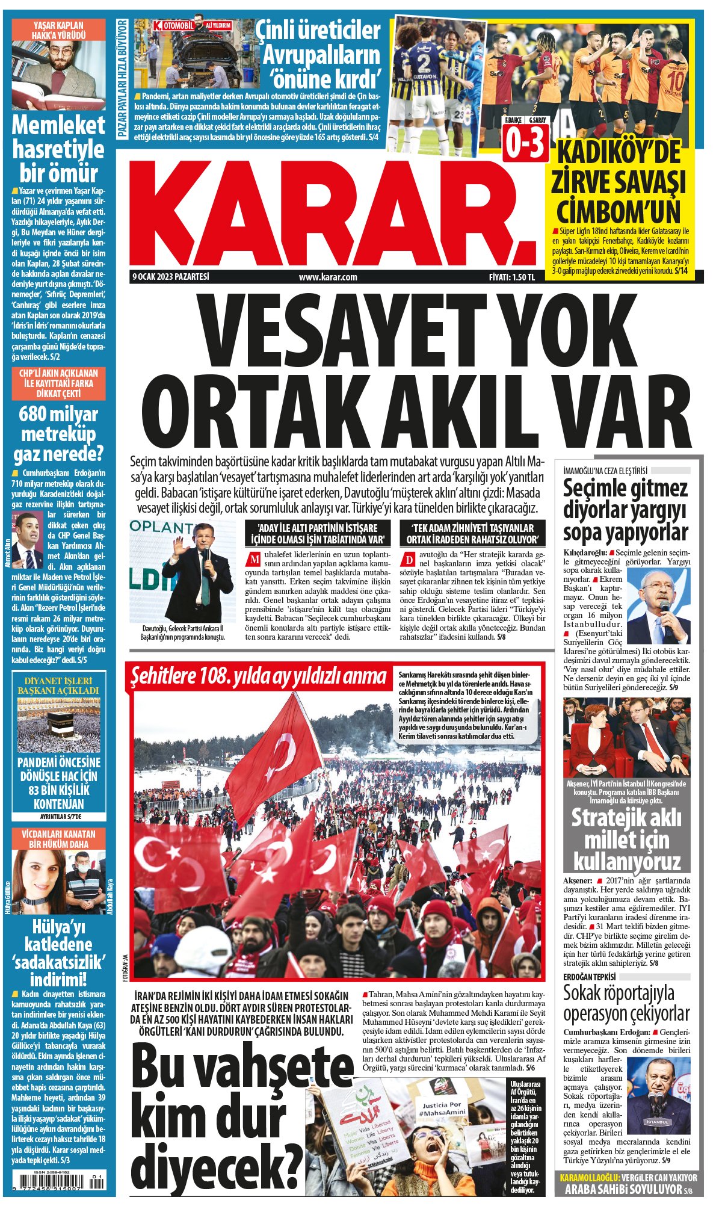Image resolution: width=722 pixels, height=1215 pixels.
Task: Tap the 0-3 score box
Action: [525, 143]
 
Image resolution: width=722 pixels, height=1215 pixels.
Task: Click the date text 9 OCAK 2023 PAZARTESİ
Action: [171, 277]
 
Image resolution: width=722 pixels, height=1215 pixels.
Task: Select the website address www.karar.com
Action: [328, 277]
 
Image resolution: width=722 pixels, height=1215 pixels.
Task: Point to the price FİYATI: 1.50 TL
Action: [511, 277]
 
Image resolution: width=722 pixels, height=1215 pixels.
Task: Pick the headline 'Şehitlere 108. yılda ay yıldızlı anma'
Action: [259, 676]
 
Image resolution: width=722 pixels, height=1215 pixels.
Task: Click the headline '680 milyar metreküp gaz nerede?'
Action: [58, 434]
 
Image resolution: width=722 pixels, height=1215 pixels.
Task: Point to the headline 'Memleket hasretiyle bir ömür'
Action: [58, 149]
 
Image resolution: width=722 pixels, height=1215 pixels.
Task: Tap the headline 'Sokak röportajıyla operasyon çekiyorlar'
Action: [626, 1003]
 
